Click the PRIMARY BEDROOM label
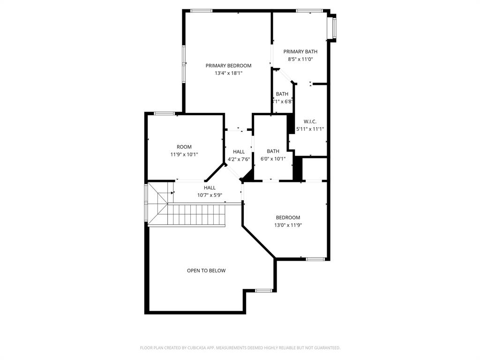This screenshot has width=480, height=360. coord(228,66)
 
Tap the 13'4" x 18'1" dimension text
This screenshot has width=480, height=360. coord(228,73)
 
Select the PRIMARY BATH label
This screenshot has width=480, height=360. coord(300,52)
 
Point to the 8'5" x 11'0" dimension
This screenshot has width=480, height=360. coord(300,60)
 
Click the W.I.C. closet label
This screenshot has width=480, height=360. coord(310,121)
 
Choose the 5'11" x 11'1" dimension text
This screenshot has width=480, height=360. coord(310,129)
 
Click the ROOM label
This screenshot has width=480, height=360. coord(184,147)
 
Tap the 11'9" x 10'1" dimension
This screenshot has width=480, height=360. coord(184,154)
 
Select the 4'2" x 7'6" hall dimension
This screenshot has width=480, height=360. coord(239,159)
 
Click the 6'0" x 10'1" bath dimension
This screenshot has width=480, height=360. coord(273,158)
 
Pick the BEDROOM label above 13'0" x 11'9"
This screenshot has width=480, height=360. coord(288,217)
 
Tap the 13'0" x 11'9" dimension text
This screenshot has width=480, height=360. coord(288,225)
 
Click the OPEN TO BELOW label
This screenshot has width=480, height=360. coord(206,270)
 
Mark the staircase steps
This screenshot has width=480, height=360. coord(197,215)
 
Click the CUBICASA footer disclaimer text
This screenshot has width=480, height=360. coord(240,348)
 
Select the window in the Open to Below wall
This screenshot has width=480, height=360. coord(264,291)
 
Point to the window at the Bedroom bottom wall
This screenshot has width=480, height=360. coord(315,259)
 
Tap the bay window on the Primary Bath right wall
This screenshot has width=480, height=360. coord(334,28)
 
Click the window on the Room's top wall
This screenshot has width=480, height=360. coord(165,113)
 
